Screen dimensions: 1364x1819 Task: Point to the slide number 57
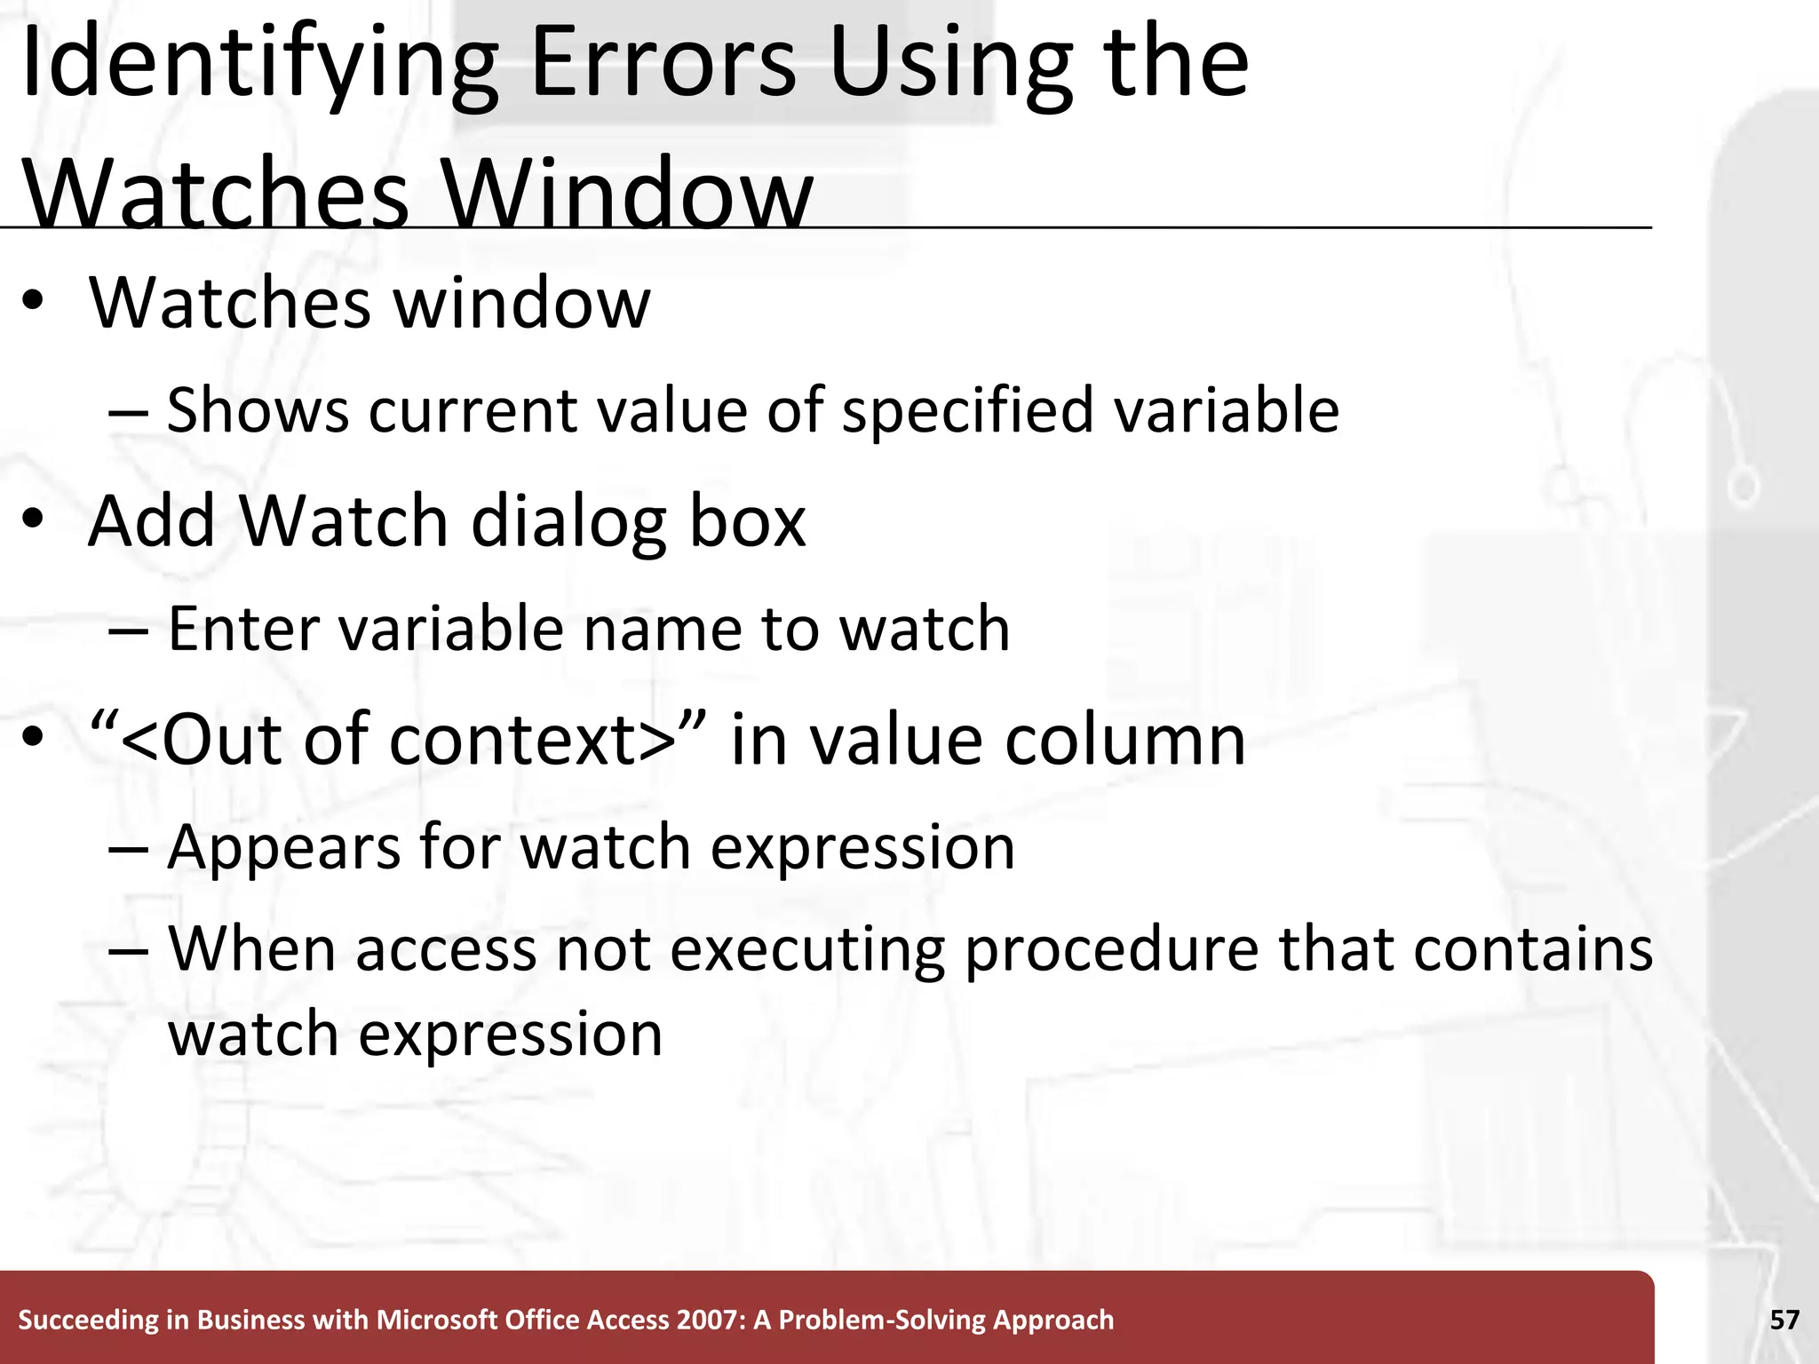[1784, 1320]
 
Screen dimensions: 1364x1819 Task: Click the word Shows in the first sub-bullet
[258, 410]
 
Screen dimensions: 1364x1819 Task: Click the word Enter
[230, 629]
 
